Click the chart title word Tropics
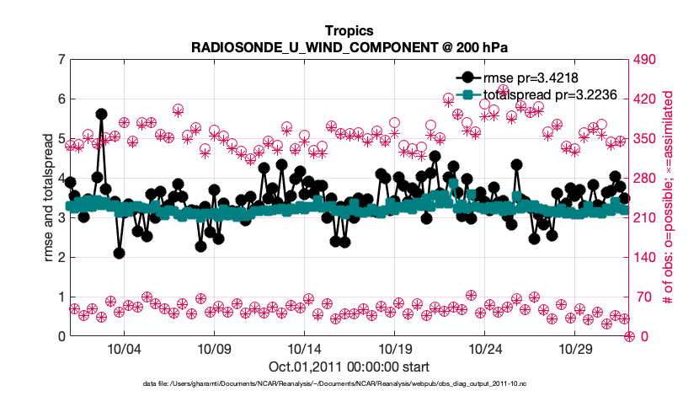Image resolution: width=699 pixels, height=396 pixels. click(349, 30)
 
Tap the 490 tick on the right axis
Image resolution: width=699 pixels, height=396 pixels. click(648, 60)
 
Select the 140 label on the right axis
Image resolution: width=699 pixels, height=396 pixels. click(648, 258)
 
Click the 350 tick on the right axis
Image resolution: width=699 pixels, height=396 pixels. click(648, 139)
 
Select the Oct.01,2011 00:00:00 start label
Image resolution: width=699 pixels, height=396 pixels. click(349, 367)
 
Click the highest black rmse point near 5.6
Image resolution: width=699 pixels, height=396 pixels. click(101, 114)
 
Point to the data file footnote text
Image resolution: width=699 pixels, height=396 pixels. click(349, 383)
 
